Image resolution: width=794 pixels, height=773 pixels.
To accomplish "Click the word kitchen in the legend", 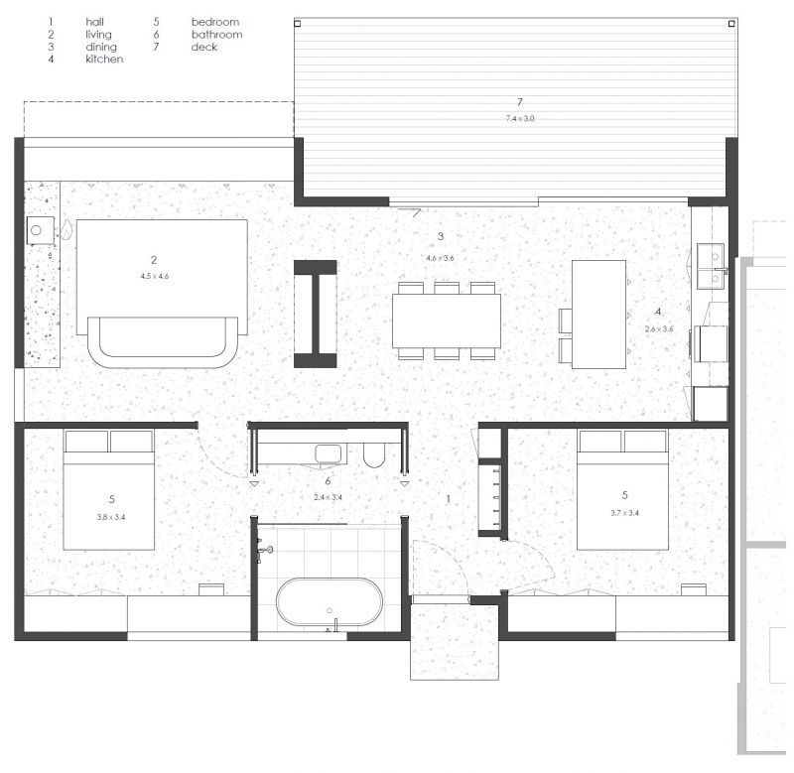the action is (104, 60).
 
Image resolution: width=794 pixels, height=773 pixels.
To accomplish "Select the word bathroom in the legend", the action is (216, 35).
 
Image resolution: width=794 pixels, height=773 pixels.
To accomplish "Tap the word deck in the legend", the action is (204, 47).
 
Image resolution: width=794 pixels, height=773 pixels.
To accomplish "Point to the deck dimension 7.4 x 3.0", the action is (520, 118).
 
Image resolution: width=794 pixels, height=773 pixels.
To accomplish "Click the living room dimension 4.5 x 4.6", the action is (155, 277).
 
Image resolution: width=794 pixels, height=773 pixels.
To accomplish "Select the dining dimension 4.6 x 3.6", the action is (440, 258).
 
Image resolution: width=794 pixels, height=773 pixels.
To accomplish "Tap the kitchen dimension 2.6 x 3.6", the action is (659, 329).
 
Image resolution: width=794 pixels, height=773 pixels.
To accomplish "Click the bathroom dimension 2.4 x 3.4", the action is (329, 497).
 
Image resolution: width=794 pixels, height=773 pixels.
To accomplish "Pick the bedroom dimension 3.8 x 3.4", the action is (111, 517).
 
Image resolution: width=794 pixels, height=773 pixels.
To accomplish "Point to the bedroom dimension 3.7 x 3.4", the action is (625, 513).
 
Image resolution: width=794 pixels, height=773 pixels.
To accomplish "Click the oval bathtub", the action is (330, 601).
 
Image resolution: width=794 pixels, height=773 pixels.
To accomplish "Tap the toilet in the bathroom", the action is (375, 454).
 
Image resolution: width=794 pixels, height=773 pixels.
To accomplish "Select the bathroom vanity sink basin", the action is (329, 453).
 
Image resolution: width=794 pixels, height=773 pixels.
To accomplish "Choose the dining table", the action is (447, 321).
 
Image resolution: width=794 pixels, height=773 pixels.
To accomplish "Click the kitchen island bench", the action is (599, 315).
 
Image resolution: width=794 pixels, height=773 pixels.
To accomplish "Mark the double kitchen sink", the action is (711, 266).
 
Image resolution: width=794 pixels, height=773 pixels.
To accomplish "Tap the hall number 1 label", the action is (449, 500).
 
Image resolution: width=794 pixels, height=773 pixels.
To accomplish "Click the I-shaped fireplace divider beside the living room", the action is (316, 314).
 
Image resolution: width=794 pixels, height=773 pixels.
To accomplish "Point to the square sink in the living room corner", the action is (41, 231).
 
